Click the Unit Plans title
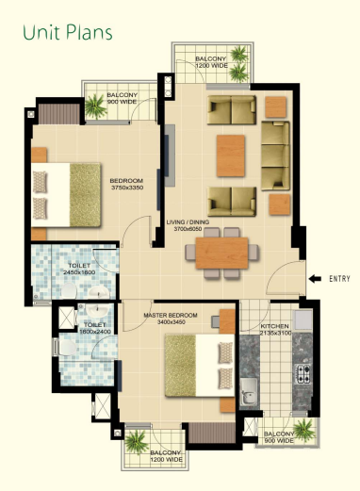[x=68, y=33]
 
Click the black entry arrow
[x=315, y=278]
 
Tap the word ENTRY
[x=339, y=279]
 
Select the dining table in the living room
[x=221, y=253]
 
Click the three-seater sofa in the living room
[x=275, y=155]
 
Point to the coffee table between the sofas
[x=231, y=155]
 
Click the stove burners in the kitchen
[x=303, y=374]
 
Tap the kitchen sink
[x=249, y=393]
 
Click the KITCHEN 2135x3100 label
[x=275, y=330]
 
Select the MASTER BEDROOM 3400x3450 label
[x=171, y=319]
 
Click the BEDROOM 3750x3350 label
[x=126, y=184]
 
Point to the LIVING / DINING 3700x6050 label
[x=188, y=225]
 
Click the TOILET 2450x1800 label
[x=79, y=269]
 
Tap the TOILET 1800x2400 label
[x=95, y=328]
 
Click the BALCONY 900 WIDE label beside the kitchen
[x=279, y=437]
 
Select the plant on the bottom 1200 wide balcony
[x=136, y=442]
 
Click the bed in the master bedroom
[x=200, y=366]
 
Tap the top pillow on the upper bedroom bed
[x=40, y=182]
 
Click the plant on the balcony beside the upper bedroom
[x=95, y=106]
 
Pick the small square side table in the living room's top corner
[x=276, y=106]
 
